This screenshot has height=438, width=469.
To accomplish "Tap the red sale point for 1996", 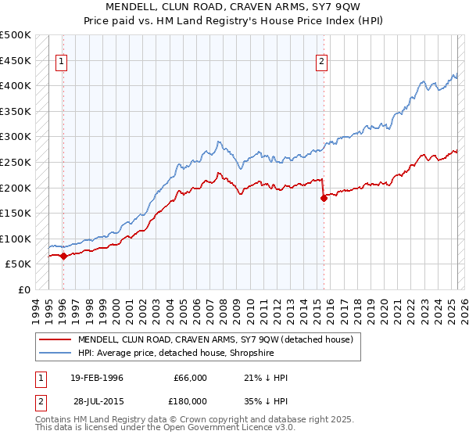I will (63, 256).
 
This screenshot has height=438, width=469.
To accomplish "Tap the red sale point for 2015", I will (323, 198).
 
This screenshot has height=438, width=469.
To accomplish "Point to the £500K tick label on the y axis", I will (16, 35).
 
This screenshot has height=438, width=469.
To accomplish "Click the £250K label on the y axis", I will (16, 162).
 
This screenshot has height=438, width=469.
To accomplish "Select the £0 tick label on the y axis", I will (25, 289).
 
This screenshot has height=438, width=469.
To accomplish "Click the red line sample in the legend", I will (55, 339).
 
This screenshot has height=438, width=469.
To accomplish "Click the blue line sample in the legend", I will (55, 353).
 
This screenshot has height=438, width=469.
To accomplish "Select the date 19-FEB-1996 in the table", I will (97, 378).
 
